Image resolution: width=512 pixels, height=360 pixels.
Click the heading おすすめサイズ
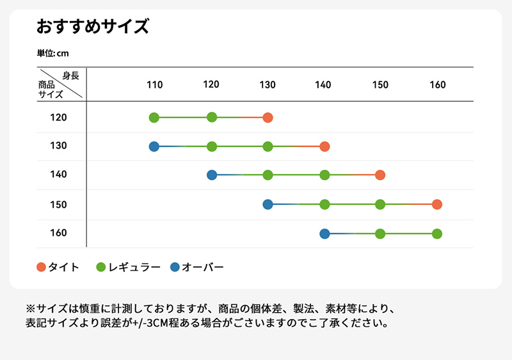93,28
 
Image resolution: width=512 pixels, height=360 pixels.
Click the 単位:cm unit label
52,53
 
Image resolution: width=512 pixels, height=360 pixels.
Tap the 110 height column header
154,85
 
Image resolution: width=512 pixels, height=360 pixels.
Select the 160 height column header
438,85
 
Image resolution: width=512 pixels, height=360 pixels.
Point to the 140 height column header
323,85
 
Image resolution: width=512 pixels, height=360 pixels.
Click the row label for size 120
58,117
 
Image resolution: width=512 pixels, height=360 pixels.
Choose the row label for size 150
58,204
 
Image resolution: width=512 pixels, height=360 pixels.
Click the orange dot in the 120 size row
268,117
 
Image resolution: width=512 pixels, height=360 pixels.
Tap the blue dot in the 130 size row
154,147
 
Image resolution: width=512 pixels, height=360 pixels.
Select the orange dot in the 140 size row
380,175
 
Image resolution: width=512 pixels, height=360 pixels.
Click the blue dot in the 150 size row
268,204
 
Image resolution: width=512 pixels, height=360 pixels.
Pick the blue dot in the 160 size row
324,233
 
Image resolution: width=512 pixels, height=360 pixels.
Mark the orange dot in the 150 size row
437,204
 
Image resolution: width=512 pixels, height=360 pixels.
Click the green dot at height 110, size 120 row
154,117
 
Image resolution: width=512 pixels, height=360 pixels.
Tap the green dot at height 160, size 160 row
437,233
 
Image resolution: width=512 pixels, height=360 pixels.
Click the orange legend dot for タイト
42,267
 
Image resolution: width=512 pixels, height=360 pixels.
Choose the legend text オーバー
203,267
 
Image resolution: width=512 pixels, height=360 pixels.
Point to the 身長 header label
71,76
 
